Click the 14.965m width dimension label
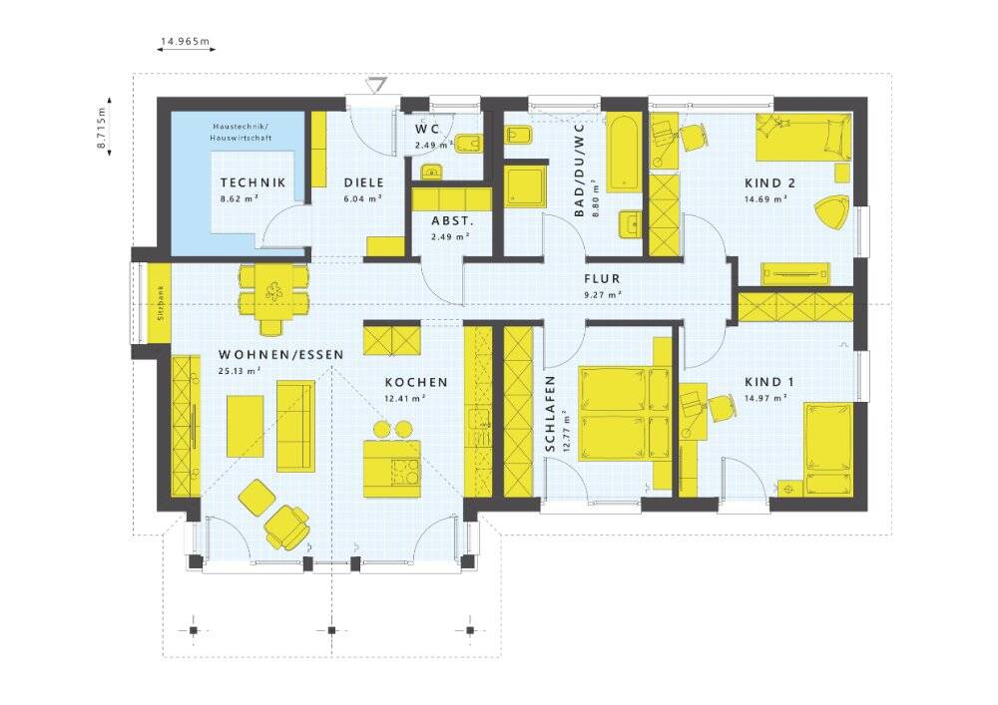tap(185, 41)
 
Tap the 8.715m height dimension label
tap(101, 127)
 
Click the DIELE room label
tap(364, 183)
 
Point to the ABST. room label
tap(452, 221)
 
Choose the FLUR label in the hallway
tap(602, 278)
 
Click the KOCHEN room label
tap(416, 382)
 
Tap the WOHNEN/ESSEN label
tap(280, 355)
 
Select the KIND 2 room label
tap(770, 183)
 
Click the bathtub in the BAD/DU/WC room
tap(623, 153)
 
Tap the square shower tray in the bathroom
tap(526, 186)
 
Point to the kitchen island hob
tap(405, 473)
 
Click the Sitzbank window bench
tap(159, 302)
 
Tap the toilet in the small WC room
tap(468, 144)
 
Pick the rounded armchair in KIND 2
tap(832, 213)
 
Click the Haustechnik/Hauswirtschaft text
tap(242, 133)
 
